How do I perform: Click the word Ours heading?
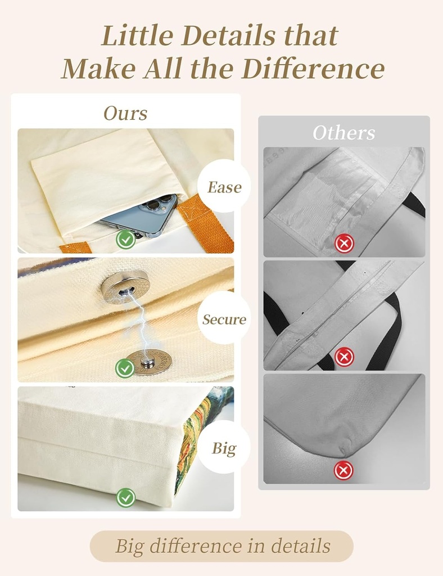[x=125, y=113]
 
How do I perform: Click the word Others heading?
[x=344, y=133]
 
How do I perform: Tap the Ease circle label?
[x=224, y=186]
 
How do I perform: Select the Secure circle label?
[x=224, y=318]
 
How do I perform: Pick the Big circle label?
[x=224, y=447]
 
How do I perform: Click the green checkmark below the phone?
[x=126, y=240]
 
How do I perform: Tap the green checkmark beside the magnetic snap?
[x=125, y=368]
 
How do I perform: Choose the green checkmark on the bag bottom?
[x=126, y=498]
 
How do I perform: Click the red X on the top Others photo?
[x=344, y=243]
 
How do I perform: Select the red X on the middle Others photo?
[x=344, y=356]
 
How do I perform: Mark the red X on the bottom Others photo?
[x=343, y=470]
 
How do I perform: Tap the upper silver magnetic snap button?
[x=125, y=286]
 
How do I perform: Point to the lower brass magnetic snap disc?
[x=151, y=362]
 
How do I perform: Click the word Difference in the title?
[x=313, y=69]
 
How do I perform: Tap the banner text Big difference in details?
[x=223, y=546]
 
